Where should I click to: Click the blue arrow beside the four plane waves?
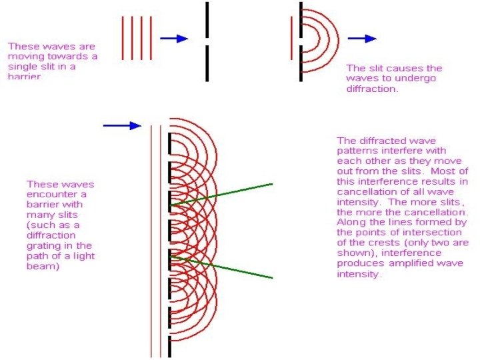(x=174, y=39)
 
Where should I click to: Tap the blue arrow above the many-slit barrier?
(x=123, y=125)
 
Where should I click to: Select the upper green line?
(x=227, y=192)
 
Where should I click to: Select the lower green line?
(x=227, y=266)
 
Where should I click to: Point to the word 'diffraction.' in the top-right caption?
(x=372, y=89)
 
